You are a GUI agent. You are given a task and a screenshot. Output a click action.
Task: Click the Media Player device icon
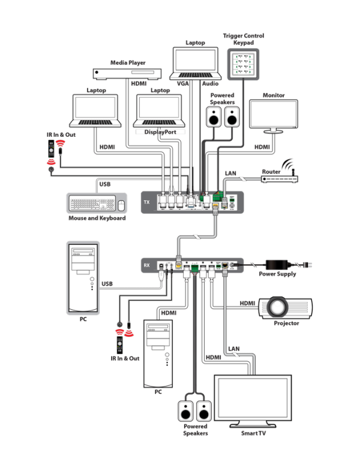pos(127,73)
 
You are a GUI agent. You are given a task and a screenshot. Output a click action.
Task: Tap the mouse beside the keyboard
pos(121,205)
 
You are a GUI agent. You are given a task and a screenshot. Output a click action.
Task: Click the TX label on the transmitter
pos(146,203)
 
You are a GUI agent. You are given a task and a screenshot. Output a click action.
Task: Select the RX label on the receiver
pos(146,265)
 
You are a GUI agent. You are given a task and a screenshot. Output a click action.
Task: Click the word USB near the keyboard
pos(104,184)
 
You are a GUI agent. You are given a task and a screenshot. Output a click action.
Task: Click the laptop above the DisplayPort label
pos(159,110)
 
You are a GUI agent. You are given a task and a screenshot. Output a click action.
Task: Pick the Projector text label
pos(287,324)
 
